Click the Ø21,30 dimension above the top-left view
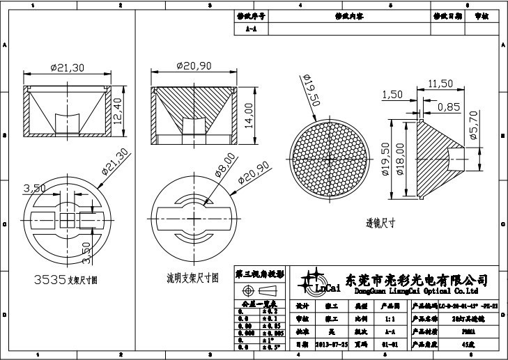(68, 68)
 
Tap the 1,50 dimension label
(392, 95)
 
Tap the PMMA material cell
(455, 331)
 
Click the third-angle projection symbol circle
(247, 289)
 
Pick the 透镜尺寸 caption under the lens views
(381, 224)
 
